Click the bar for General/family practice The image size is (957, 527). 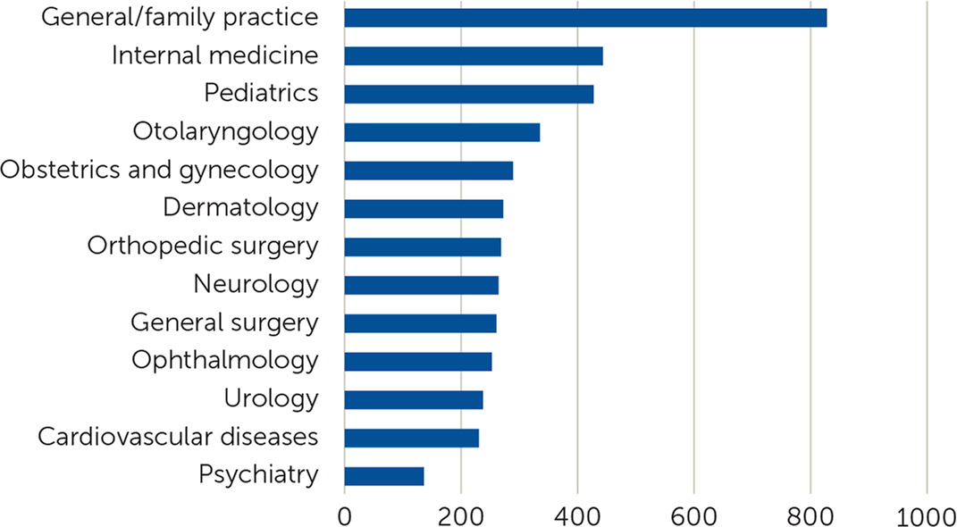pos(585,18)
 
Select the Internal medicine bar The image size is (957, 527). pos(474,55)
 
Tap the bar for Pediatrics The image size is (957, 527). pos(469,94)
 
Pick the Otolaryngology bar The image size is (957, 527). pos(442,132)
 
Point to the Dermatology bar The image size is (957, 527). pos(424,209)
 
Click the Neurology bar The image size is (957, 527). pos(421,285)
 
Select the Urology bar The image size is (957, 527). pos(414,399)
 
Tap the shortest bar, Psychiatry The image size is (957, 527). pos(384,476)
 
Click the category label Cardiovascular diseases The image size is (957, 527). pos(178,438)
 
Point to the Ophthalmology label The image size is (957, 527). pos(224,361)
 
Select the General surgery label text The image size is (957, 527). pos(224,322)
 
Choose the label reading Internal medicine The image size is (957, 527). pos(214,55)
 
